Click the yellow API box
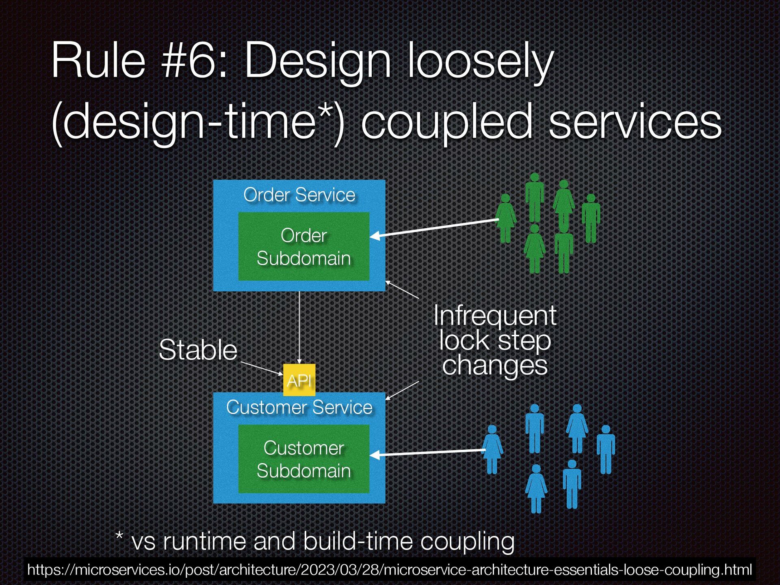pyautogui.click(x=299, y=380)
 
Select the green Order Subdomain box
pyautogui.click(x=303, y=247)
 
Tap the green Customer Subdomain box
pyautogui.click(x=303, y=459)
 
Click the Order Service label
pyautogui.click(x=299, y=195)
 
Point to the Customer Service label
pyautogui.click(x=299, y=407)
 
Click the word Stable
pyautogui.click(x=198, y=350)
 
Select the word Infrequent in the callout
pyautogui.click(x=495, y=315)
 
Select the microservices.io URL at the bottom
pyautogui.click(x=389, y=570)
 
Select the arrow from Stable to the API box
pyautogui.click(x=262, y=368)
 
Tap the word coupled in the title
pyautogui.click(x=446, y=122)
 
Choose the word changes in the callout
pyautogui.click(x=494, y=365)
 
